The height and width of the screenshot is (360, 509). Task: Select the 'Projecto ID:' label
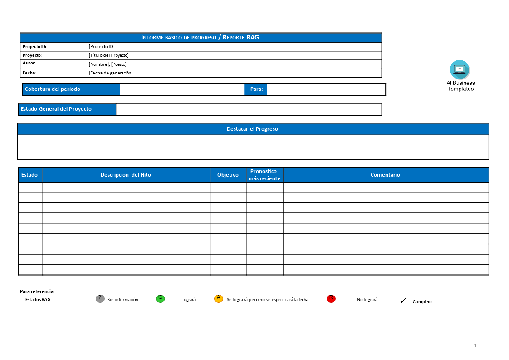[x=34, y=47]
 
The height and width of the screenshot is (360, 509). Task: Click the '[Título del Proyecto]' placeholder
[x=109, y=55]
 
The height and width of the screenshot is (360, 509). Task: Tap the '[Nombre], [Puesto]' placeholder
[x=108, y=64]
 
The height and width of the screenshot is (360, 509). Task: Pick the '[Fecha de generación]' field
[x=111, y=73]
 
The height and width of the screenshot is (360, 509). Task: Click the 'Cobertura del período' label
[x=53, y=89]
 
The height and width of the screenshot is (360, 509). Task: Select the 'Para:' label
[x=256, y=89]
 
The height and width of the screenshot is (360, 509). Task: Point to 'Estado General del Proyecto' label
[x=56, y=109]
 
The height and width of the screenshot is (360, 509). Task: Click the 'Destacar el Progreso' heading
[x=252, y=129]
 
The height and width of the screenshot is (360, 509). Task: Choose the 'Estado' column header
[x=29, y=175]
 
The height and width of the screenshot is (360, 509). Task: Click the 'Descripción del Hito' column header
[x=126, y=175]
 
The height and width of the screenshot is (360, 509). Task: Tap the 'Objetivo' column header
[x=228, y=175]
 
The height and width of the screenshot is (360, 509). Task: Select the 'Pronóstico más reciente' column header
[x=264, y=175]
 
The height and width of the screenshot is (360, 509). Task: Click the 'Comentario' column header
[x=385, y=175]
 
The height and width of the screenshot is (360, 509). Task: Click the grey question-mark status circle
[x=100, y=298]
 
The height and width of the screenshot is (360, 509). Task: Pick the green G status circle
[x=160, y=298]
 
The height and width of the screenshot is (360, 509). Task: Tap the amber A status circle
[x=219, y=298]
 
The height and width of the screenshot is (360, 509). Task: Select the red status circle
[x=331, y=298]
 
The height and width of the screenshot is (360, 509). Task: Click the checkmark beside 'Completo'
[x=403, y=301]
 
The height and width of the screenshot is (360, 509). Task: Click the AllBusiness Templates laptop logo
[x=460, y=69]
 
